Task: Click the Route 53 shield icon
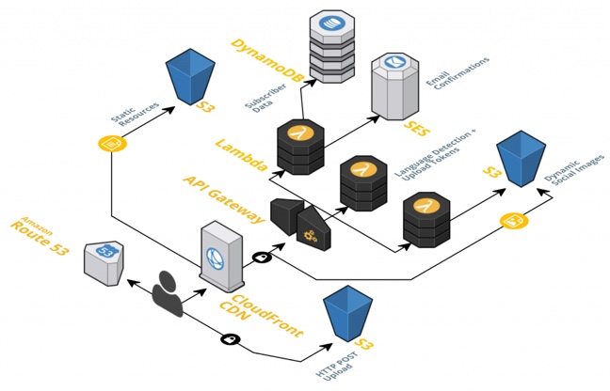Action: [101, 260]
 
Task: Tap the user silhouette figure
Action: [169, 292]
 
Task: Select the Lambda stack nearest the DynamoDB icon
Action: [300, 146]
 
